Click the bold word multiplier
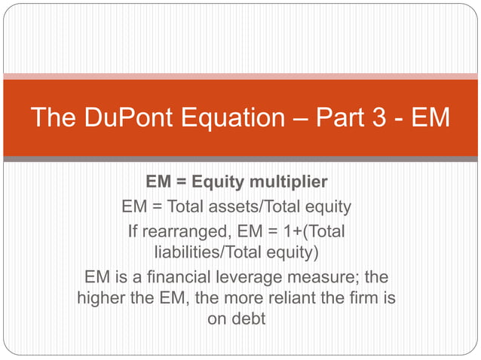click(290, 183)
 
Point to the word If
click(136, 230)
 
